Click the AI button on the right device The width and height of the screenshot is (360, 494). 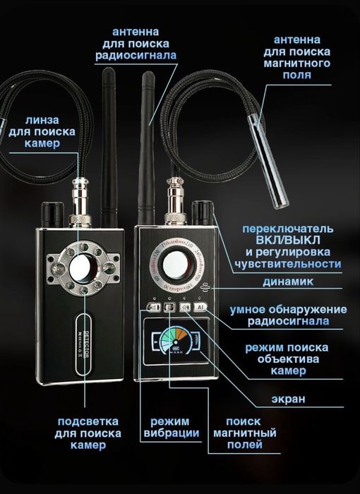[200, 307]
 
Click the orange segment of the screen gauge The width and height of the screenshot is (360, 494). [181, 333]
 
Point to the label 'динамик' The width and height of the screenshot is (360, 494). [288, 282]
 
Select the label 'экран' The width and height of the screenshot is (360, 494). [289, 399]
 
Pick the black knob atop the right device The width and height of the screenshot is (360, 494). [202, 213]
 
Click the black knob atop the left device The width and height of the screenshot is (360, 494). [53, 215]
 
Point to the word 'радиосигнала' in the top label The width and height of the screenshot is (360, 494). [136, 56]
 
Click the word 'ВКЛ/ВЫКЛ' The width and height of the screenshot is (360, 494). [288, 241]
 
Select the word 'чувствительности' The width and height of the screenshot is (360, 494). [288, 264]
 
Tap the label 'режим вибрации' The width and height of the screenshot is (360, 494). [171, 427]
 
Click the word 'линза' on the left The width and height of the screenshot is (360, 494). [42, 120]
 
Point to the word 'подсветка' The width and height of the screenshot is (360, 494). [88, 421]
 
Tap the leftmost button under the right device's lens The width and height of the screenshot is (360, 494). [154, 307]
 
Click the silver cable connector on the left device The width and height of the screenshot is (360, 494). [80, 203]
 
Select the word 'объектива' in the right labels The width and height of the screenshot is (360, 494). [288, 359]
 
